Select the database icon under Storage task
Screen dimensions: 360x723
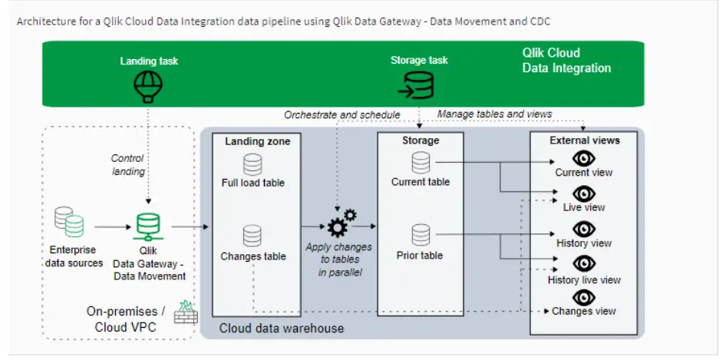(x=419, y=85)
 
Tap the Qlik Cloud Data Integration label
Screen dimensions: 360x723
(x=566, y=61)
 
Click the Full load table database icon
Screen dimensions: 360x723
(x=253, y=164)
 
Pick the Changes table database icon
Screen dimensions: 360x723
(x=253, y=236)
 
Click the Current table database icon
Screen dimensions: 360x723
(x=421, y=163)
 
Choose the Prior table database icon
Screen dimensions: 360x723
(x=421, y=234)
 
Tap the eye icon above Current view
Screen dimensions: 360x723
(x=584, y=158)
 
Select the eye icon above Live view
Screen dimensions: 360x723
(x=584, y=193)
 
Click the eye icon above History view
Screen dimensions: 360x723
(x=584, y=229)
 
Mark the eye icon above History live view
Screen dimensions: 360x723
(x=584, y=265)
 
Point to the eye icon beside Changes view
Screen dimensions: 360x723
(x=584, y=296)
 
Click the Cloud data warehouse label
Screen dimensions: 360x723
(x=282, y=329)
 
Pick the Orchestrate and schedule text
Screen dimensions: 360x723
(x=342, y=115)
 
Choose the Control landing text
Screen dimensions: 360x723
(x=128, y=164)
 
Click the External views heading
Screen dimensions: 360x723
(x=584, y=140)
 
